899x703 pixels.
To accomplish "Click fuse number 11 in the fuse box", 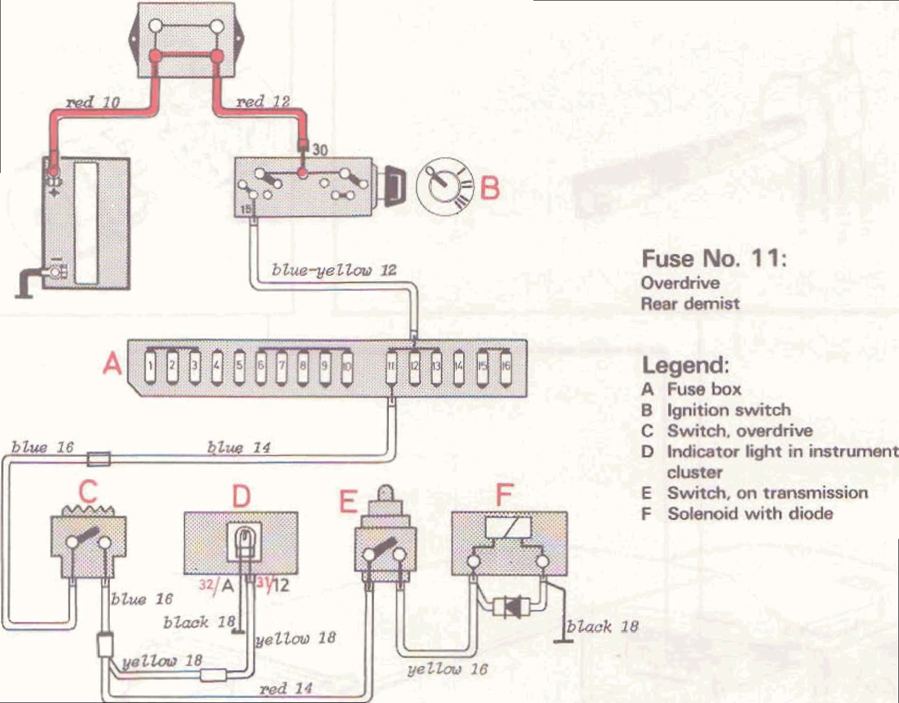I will point(391,366).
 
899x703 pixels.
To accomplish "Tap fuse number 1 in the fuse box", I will point(151,365).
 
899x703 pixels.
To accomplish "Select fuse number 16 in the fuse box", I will point(505,365).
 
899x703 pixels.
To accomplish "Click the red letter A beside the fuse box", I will point(112,363).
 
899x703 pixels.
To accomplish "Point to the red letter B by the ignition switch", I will point(490,188).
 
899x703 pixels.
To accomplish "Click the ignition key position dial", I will point(444,186).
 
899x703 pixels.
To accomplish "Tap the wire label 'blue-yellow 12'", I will point(333,271).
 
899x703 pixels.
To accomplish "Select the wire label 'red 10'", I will point(93,102).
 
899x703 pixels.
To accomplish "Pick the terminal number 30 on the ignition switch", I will point(320,150).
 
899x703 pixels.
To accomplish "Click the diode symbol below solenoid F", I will point(511,607).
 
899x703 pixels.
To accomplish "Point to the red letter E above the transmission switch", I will point(348,501).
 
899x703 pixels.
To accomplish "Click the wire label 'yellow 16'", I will point(447,669).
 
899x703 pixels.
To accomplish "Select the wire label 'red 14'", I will point(286,688).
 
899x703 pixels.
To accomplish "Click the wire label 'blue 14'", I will point(238,448).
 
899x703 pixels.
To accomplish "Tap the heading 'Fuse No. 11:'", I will point(714,258).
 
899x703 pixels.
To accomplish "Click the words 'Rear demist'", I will point(690,304).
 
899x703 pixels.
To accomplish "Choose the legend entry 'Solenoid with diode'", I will point(750,513).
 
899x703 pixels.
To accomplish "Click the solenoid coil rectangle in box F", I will point(508,527).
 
